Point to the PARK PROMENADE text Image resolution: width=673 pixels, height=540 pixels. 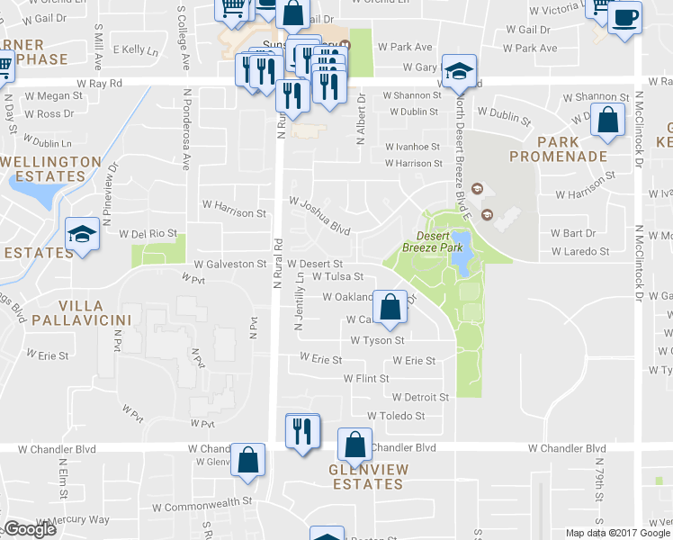(558, 148)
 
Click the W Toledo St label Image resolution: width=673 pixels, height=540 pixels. (395, 416)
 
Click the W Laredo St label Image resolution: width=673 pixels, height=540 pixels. (580, 251)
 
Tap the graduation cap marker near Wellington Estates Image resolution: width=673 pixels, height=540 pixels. (82, 236)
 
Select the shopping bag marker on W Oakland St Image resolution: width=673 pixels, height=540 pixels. (389, 307)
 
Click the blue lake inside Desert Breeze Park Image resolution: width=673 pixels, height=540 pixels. (461, 261)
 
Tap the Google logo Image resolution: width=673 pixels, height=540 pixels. (30, 529)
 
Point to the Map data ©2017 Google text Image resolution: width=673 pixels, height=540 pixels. (618, 533)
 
